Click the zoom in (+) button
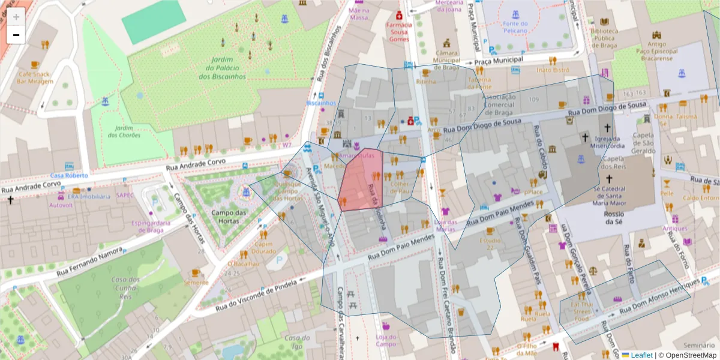click(x=16, y=16)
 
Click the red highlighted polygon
click(x=360, y=180)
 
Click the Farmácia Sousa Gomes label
click(x=399, y=32)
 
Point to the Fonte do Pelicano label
click(x=515, y=28)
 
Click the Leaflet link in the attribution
click(x=641, y=355)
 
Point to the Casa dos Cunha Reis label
click(x=125, y=287)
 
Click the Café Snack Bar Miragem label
click(x=35, y=77)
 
